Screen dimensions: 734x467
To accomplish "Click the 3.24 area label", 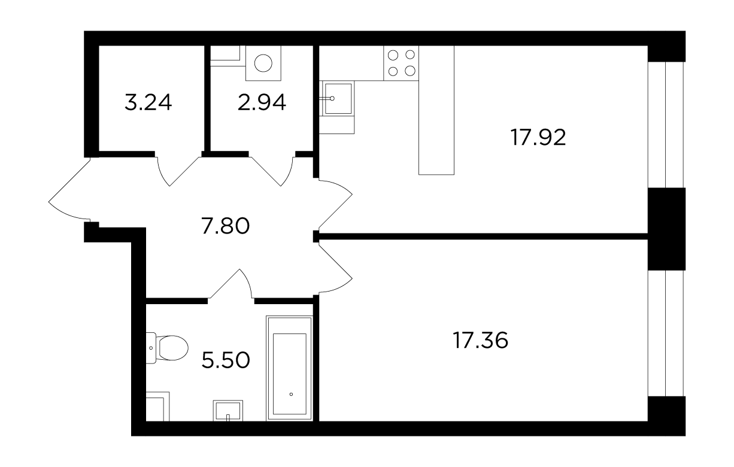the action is point(148,102).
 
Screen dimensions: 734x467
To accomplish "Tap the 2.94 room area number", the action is point(262,102).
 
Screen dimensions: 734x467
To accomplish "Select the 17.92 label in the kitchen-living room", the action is point(538,138).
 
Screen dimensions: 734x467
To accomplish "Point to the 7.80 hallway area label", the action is point(226,226).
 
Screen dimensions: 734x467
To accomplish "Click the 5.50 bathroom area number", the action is point(226,360).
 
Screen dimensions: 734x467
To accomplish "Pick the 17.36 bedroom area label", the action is point(480,340).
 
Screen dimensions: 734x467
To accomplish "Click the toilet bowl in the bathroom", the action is point(172,348).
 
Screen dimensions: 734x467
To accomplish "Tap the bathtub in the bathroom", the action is point(289,368).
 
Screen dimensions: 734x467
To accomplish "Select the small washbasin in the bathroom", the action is point(228,410).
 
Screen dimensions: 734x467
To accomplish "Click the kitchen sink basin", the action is point(338,98).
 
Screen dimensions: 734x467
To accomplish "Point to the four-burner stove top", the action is point(401,63).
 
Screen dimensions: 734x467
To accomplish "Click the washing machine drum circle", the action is point(263,63).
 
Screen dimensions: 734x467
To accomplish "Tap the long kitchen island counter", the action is point(436,110).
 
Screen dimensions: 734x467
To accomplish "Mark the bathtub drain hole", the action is point(291,394).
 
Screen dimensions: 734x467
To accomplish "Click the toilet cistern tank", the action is point(151,348).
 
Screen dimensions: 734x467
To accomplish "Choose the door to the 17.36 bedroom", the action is point(335,268).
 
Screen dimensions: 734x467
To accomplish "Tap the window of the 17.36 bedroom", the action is point(666,333).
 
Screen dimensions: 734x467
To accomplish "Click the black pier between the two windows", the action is point(666,229).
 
